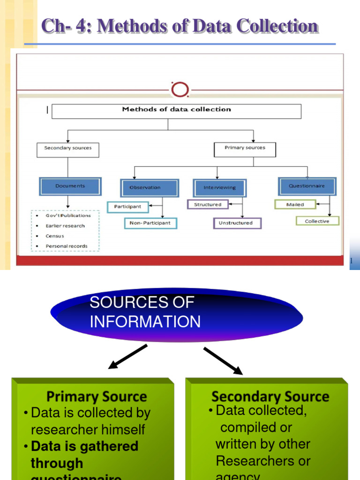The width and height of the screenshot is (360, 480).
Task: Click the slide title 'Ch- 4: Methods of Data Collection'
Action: tap(180, 26)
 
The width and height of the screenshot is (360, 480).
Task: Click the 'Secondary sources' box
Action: tap(68, 149)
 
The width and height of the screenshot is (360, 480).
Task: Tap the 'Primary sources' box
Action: tap(245, 149)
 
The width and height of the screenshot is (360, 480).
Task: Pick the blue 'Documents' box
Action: tap(70, 186)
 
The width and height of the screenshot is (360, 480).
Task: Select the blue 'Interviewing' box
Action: tap(220, 187)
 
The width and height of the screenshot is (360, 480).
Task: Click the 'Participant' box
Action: tap(128, 206)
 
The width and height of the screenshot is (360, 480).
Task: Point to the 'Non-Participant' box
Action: tap(150, 223)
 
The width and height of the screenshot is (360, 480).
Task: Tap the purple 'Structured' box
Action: tap(208, 204)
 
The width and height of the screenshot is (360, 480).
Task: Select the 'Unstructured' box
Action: tap(237, 223)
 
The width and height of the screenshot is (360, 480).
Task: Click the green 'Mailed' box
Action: tap(295, 204)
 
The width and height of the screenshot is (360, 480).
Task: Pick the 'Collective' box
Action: tap(317, 221)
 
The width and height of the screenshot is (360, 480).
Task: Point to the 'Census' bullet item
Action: tap(55, 236)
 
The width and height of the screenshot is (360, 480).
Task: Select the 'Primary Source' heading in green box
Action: tap(97, 397)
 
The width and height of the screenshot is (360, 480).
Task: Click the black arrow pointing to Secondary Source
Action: tap(223, 361)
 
